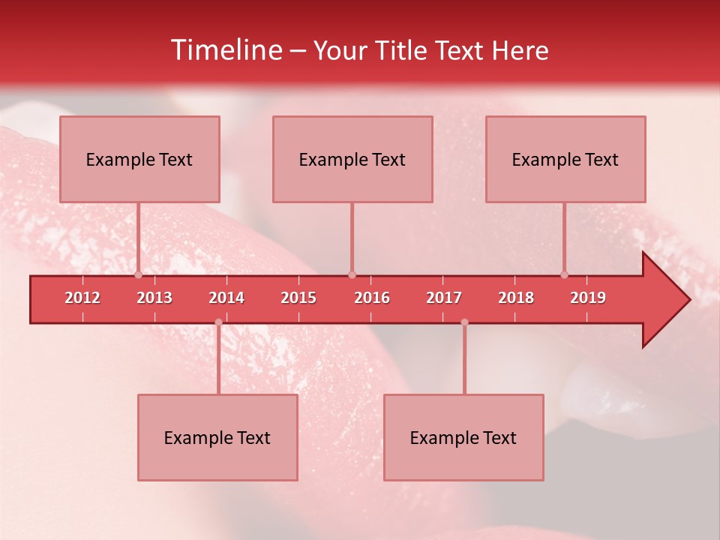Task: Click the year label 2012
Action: click(82, 298)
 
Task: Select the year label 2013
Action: click(154, 298)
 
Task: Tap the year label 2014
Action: click(226, 298)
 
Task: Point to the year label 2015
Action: click(298, 298)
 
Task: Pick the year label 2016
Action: click(372, 298)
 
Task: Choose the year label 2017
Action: click(444, 298)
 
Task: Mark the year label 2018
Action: click(516, 298)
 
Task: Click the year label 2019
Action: click(588, 298)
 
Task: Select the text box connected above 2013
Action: click(139, 160)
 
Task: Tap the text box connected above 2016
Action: click(352, 160)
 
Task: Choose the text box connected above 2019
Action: click(565, 160)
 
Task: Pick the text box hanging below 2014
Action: click(217, 438)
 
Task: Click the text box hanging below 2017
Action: click(463, 438)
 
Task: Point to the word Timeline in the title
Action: click(225, 50)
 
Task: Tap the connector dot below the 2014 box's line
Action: click(218, 322)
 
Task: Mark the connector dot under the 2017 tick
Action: click(464, 322)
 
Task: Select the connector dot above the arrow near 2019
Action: click(565, 274)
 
